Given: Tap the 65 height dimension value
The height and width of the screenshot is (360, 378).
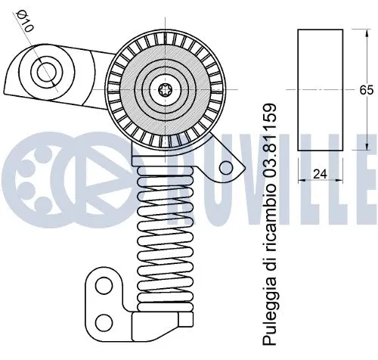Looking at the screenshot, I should click(x=367, y=89).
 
